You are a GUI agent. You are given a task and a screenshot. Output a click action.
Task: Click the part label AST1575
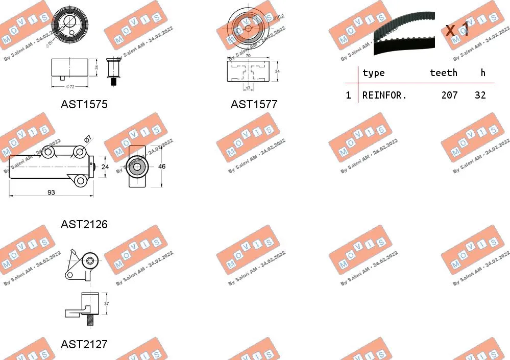[x=84, y=104]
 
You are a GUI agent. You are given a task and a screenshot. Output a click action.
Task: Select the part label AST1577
[x=254, y=104]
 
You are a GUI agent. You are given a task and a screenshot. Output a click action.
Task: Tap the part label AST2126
[x=84, y=224]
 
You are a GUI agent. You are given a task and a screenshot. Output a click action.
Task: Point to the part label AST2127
[x=84, y=344]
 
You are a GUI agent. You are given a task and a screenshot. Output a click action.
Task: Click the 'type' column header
[x=373, y=73]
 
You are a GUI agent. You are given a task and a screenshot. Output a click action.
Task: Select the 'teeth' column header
[x=443, y=73]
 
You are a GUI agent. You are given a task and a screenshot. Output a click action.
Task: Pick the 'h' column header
[x=483, y=73]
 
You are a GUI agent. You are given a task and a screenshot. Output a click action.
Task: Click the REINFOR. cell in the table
[x=384, y=95]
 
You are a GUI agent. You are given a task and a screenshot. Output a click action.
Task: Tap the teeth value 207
[x=449, y=95]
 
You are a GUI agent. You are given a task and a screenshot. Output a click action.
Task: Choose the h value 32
[x=480, y=95]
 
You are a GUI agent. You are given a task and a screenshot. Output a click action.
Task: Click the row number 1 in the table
[x=349, y=95]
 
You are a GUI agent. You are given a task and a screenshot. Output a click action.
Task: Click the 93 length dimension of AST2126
[x=51, y=193]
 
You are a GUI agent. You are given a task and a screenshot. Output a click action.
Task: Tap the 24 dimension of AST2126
[x=106, y=166]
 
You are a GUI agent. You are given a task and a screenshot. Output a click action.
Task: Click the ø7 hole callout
[x=87, y=138]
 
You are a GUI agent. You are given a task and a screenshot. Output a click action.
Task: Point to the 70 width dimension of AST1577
[x=249, y=56]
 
